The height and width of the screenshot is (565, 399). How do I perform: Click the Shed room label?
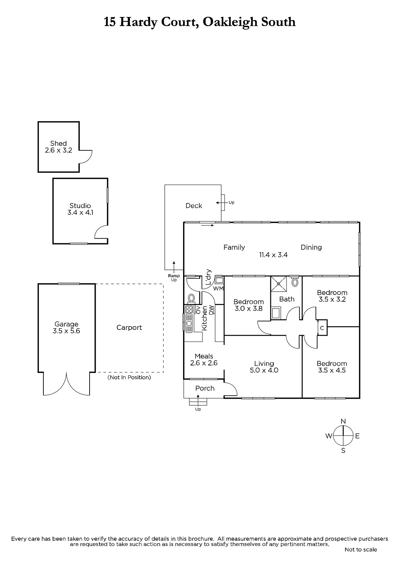click(58, 143)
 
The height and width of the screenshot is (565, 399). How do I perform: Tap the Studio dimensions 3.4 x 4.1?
click(80, 213)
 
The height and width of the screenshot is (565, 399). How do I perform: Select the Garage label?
click(66, 324)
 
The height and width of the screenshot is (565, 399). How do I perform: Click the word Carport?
click(129, 327)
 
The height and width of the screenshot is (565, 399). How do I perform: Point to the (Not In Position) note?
click(129, 377)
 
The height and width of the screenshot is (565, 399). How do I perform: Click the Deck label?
click(194, 206)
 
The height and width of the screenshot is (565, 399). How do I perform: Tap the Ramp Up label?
click(174, 278)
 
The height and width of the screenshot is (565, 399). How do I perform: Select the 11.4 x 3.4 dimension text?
click(273, 255)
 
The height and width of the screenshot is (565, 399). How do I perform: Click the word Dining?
click(311, 247)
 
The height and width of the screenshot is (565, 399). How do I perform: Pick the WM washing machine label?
click(218, 289)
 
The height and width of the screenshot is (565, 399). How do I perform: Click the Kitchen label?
click(205, 318)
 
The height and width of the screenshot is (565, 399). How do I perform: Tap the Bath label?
click(286, 299)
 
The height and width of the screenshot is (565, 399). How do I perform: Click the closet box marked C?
click(322, 328)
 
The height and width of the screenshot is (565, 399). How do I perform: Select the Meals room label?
click(204, 356)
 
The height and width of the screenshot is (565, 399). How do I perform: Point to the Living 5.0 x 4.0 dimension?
click(264, 370)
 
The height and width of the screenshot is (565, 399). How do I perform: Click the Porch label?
click(205, 388)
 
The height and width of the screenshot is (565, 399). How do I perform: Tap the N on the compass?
click(343, 421)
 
